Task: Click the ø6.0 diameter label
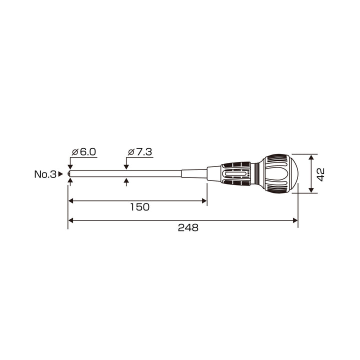pos(84,152)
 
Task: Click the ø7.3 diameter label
pos(140,152)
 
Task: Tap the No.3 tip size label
pos(45,174)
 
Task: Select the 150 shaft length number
pos(140,207)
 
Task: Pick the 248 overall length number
pos(188,228)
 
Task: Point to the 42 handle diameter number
pos(320,174)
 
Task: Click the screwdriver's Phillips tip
pos(69,174)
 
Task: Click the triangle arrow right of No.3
pos(60,174)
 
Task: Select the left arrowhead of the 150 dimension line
pos(70,201)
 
